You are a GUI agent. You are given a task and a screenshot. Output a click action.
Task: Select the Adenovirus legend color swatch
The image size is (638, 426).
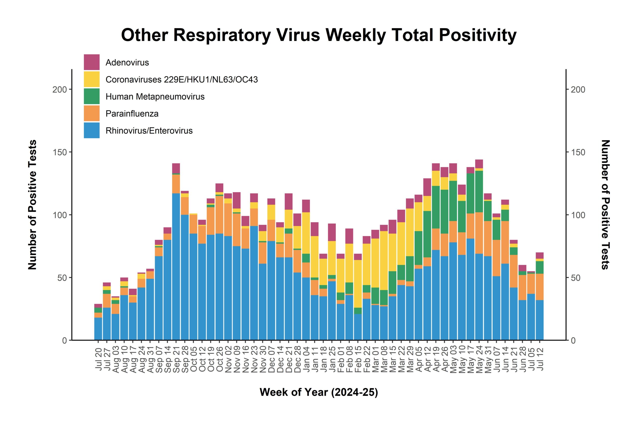click(91, 62)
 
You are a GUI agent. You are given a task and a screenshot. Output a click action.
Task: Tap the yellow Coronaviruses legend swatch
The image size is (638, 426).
click(91, 79)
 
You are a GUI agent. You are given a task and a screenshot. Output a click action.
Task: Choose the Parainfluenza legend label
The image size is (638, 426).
click(132, 114)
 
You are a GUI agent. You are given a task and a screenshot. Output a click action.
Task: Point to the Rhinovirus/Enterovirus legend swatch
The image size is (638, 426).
click(91, 131)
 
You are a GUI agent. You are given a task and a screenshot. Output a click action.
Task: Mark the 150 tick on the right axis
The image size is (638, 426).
click(578, 152)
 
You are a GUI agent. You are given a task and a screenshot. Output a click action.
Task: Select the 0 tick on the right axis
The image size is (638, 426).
click(573, 340)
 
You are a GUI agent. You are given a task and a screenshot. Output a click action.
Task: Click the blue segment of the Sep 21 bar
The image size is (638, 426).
click(176, 266)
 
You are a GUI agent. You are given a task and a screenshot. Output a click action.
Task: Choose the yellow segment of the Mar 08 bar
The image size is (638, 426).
click(384, 261)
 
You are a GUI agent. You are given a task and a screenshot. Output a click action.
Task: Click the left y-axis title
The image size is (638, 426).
click(32, 205)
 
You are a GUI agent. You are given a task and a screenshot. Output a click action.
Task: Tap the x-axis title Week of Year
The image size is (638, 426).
click(319, 392)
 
